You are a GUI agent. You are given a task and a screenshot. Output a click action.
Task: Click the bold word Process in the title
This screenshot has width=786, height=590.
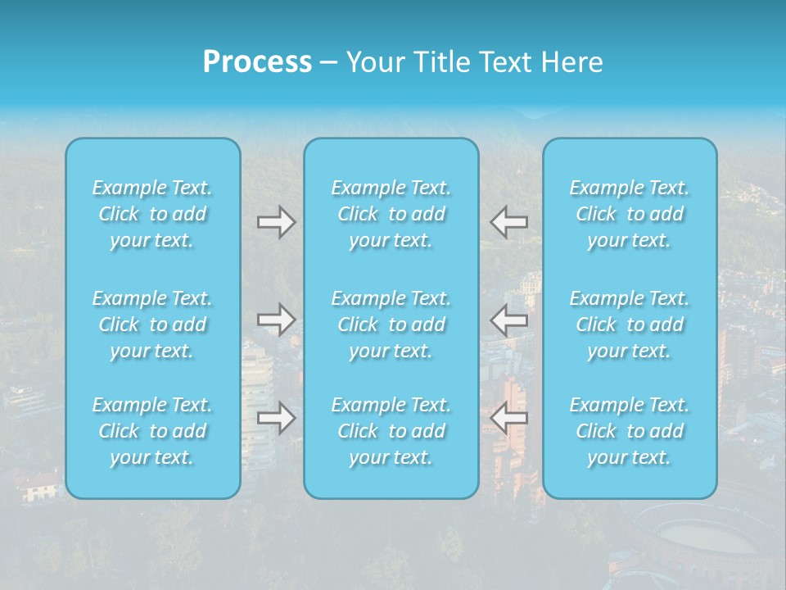[x=257, y=62]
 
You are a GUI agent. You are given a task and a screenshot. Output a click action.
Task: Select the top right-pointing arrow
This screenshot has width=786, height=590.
[x=276, y=222]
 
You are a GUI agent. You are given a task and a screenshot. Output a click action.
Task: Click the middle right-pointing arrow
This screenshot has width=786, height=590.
[x=276, y=319]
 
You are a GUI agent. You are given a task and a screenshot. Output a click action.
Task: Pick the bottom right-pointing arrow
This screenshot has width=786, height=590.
[x=276, y=418]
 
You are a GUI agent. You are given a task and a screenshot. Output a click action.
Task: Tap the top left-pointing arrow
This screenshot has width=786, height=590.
[x=508, y=222]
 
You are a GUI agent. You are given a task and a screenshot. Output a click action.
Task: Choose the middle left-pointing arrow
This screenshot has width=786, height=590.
[x=508, y=319]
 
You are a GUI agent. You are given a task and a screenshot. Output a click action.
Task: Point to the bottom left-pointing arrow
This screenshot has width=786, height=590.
[x=508, y=418]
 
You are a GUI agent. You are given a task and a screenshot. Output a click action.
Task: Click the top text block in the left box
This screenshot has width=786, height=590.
[x=152, y=214]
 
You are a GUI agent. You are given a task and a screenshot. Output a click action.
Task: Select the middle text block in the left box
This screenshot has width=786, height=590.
[x=152, y=324]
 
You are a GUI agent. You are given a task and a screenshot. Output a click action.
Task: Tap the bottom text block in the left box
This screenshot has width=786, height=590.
[x=152, y=431]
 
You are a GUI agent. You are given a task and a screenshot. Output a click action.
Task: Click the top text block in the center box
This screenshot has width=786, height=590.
[x=391, y=214]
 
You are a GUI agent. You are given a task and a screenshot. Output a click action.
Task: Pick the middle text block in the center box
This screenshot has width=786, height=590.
[x=391, y=324]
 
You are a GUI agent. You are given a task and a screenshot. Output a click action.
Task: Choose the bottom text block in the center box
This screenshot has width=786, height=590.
[x=391, y=431]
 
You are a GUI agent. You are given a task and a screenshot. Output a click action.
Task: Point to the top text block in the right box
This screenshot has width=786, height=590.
[x=630, y=214]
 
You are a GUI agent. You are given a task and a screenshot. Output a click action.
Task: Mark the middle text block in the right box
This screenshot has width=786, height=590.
[x=630, y=324]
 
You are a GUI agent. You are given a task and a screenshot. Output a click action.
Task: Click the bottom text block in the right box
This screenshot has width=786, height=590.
[x=630, y=431]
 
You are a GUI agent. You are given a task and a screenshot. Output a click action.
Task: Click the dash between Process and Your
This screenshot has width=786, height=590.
[x=329, y=63]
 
